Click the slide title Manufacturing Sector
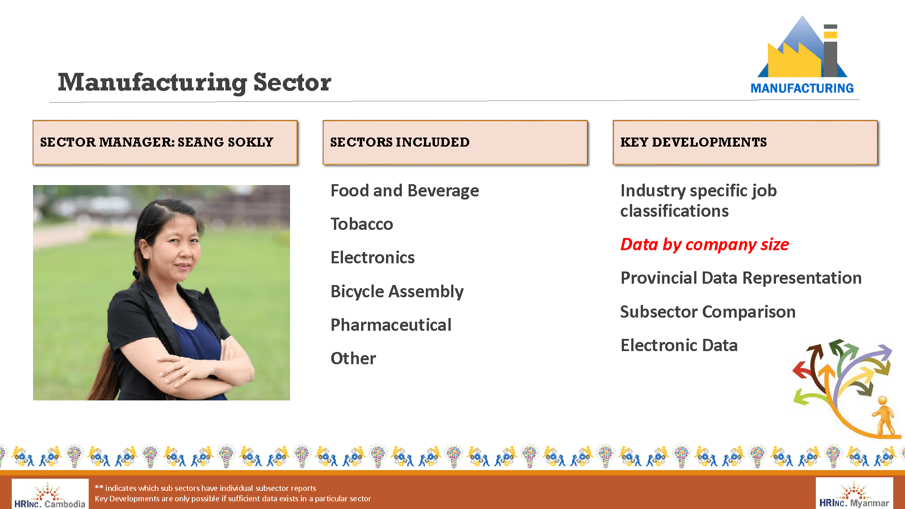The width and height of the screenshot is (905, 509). coord(195,82)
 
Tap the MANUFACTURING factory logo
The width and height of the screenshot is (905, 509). coord(802,55)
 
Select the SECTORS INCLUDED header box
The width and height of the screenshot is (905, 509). coord(455,142)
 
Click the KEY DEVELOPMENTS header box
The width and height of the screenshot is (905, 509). coord(745,142)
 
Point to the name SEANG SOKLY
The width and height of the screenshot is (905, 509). coord(225,142)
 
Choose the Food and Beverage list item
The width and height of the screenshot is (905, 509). coord(405,190)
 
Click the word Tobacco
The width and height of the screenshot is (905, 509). coord(362,224)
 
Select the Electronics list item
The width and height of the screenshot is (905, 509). coord(372,257)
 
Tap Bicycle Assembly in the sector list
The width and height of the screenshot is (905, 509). coord(397,291)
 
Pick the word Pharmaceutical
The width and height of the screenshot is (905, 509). coord(391,325)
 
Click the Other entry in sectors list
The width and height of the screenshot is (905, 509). coord(353,358)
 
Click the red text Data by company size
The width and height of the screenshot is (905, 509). coord(705,244)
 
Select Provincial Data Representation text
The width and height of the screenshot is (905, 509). coord(741,278)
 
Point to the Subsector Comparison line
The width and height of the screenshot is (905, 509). coord(708,312)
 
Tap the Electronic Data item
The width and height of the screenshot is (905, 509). coord(679,345)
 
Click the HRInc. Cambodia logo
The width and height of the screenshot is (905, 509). coord(50,494)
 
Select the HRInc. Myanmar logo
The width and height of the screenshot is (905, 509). coord(854,494)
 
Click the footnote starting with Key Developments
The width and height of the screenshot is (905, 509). coord(233,499)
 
